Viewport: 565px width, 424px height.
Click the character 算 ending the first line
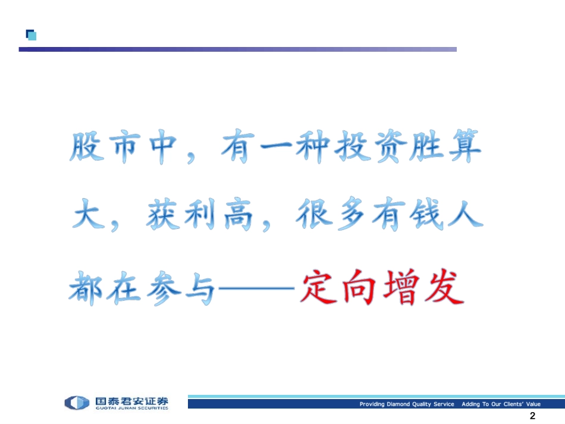(x=463, y=148)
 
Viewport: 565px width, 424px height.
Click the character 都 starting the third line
(x=87, y=288)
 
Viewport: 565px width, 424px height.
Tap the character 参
(x=162, y=288)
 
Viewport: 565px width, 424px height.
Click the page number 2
(x=532, y=416)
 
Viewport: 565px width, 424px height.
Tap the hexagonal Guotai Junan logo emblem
(x=77, y=403)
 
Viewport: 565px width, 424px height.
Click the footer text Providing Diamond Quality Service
(x=406, y=404)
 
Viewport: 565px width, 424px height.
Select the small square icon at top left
(x=31, y=34)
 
